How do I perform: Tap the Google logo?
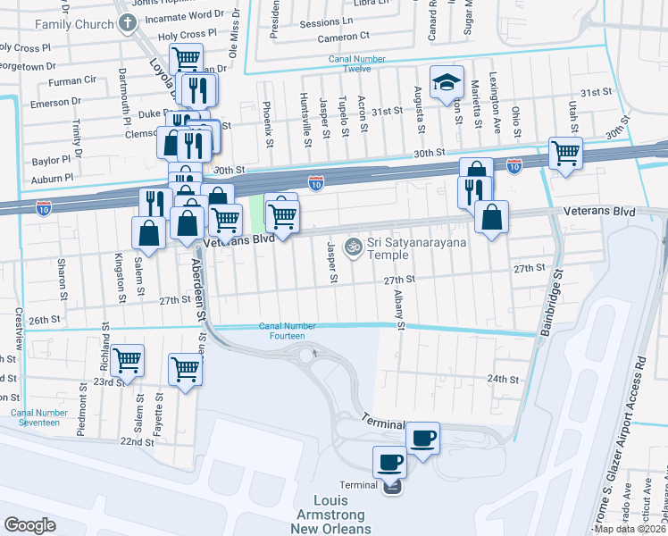[x=29, y=524]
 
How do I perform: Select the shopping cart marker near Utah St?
[x=565, y=154]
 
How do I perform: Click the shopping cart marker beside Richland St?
[x=128, y=360]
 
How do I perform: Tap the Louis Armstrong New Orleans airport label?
[x=343, y=515]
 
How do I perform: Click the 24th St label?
[x=503, y=379]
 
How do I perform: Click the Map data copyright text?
[x=629, y=530]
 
